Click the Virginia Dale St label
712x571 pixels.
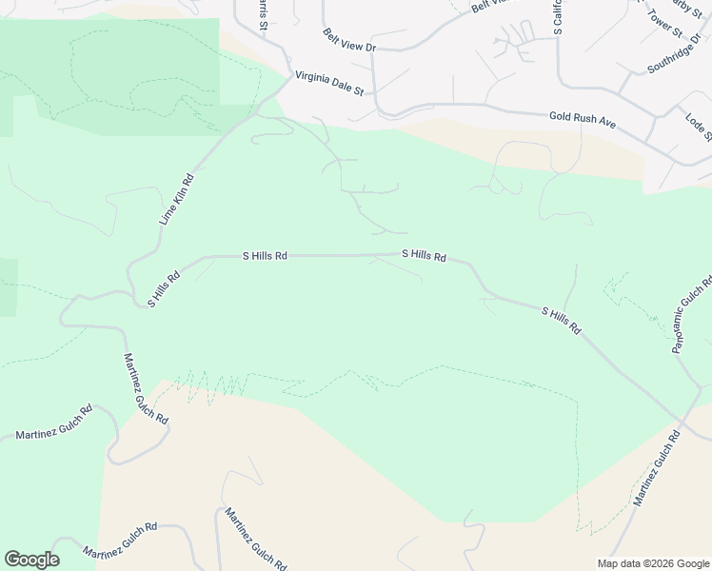point(328,83)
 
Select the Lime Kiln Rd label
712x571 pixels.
point(176,199)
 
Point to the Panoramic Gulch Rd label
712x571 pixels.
point(691,315)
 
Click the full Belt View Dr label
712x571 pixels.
point(349,40)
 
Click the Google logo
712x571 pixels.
point(31,560)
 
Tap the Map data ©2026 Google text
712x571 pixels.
point(652,563)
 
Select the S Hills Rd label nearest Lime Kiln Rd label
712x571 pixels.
point(164,289)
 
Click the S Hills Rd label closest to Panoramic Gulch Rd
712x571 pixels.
point(561,320)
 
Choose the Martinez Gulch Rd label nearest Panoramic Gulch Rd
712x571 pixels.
point(657,467)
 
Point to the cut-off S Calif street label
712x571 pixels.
point(558,17)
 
